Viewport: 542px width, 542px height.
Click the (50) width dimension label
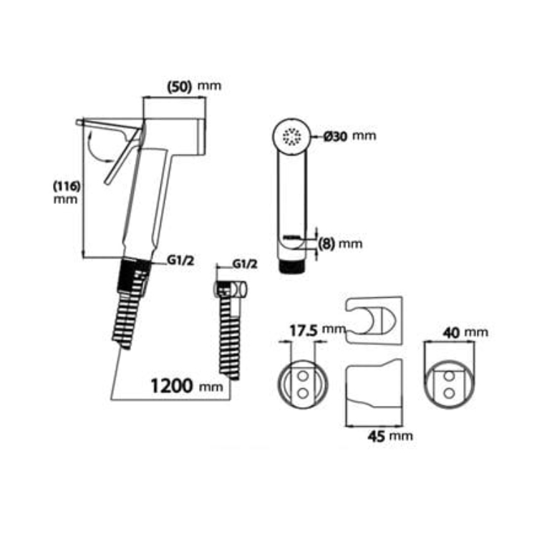tap(179, 87)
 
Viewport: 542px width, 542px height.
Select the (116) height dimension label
tap(67, 186)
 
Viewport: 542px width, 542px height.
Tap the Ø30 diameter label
tap(335, 137)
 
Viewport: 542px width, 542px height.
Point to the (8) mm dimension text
tap(340, 243)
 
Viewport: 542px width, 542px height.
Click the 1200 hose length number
tap(171, 385)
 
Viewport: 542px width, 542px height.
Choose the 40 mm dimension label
tap(465, 333)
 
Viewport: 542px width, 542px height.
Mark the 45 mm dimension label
tap(390, 436)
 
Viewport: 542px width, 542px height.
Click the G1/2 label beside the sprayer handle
tap(180, 261)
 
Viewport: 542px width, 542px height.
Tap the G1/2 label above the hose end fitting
tap(245, 264)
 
